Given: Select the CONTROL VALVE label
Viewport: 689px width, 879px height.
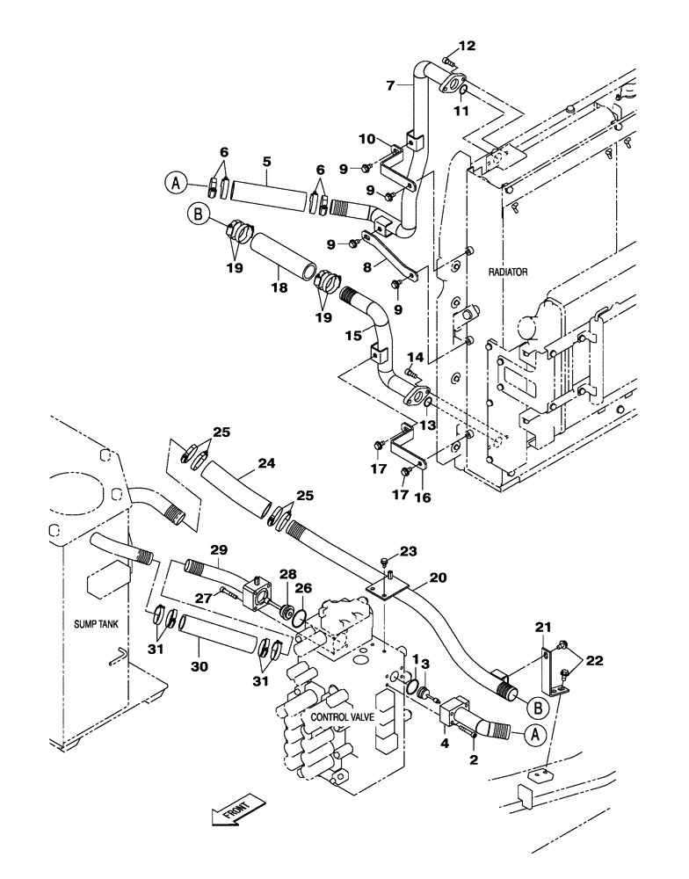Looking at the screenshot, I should [x=342, y=717].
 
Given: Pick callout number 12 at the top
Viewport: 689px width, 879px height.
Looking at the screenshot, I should [x=465, y=45].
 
